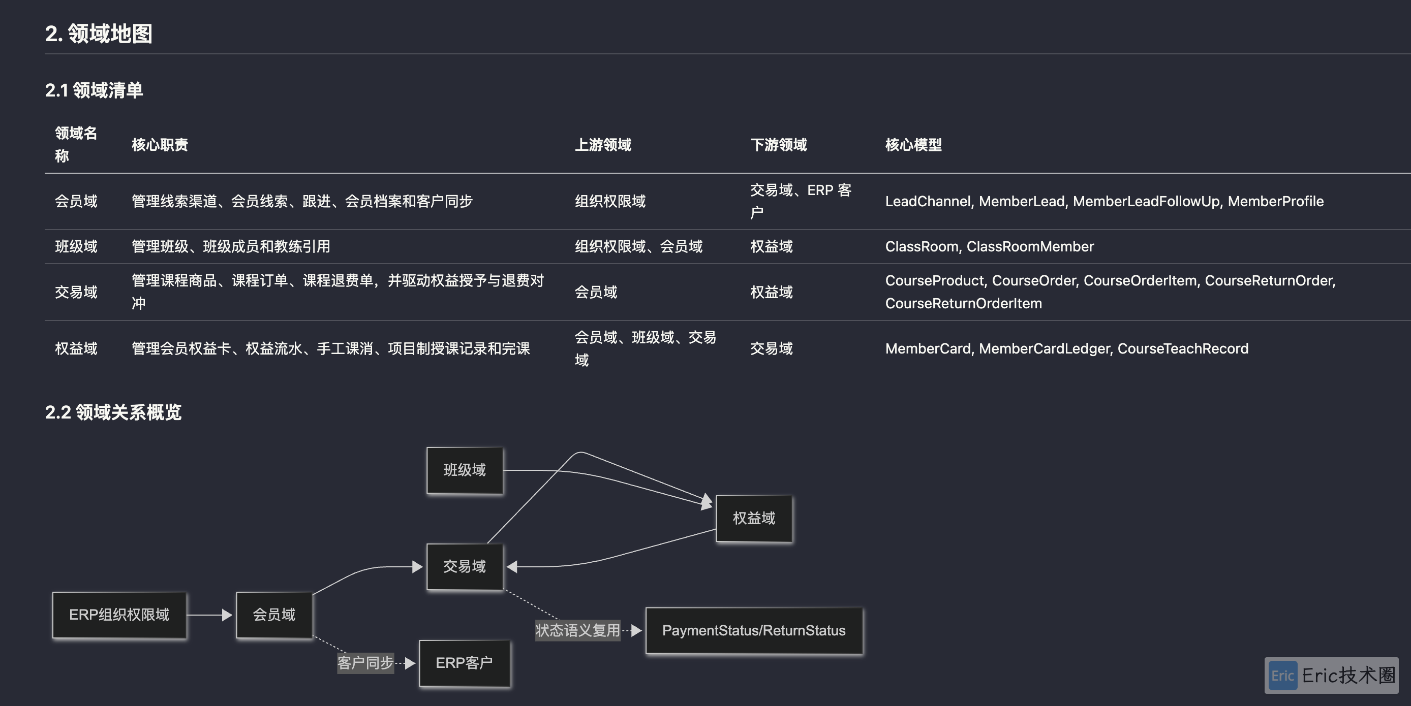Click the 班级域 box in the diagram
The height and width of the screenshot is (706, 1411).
click(x=465, y=470)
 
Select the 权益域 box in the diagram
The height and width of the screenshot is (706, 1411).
click(x=754, y=518)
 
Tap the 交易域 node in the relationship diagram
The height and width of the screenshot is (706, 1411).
click(x=465, y=566)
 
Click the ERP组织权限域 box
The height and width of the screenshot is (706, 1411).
click(x=119, y=615)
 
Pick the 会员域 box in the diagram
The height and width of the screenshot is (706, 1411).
click(x=274, y=615)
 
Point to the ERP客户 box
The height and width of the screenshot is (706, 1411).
click(x=465, y=663)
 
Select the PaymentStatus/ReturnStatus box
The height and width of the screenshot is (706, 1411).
click(x=754, y=630)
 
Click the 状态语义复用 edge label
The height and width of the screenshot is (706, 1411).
click(x=578, y=630)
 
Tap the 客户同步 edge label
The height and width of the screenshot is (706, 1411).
click(x=365, y=663)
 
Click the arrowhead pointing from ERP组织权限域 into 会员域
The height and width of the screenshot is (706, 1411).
click(x=227, y=615)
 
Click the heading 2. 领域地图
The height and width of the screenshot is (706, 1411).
click(x=99, y=34)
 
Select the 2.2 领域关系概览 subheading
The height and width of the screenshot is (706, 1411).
click(x=113, y=412)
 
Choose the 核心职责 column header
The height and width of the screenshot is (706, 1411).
click(x=160, y=145)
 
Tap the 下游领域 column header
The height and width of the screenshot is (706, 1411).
click(x=778, y=145)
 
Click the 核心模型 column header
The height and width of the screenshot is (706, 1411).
click(x=913, y=145)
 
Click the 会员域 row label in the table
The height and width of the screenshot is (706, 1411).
click(x=76, y=202)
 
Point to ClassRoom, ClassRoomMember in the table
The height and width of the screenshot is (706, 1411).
click(x=989, y=246)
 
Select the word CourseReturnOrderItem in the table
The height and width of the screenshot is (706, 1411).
click(x=964, y=303)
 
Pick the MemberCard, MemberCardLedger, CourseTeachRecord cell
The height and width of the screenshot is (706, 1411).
click(x=1066, y=348)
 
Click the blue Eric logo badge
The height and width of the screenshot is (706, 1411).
click(x=1282, y=676)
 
